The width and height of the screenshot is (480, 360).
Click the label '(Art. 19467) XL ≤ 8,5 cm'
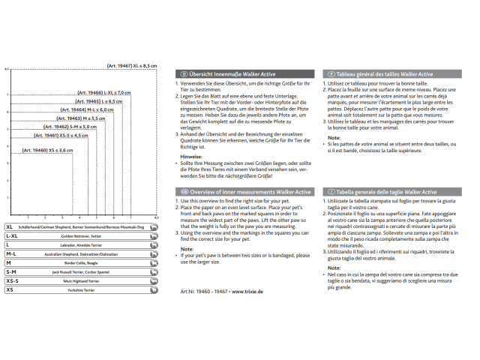coord(132,65)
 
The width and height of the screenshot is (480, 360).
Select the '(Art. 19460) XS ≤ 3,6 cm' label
coord(48,151)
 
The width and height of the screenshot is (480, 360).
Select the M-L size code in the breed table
coord(11,253)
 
